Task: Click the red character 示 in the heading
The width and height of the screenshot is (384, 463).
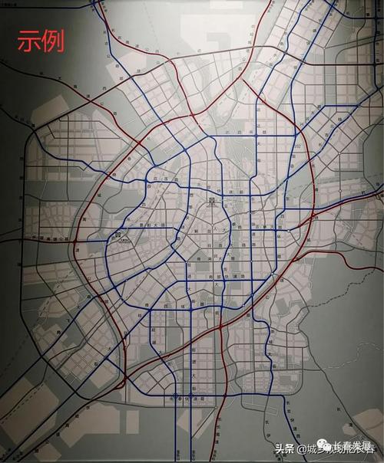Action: [28, 41]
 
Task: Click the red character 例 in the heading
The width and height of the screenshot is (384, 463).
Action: [51, 41]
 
